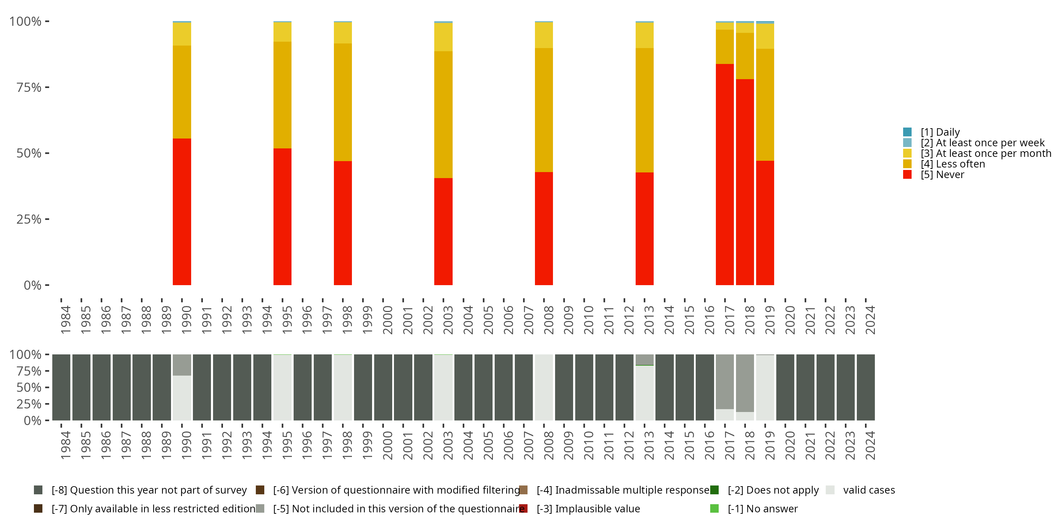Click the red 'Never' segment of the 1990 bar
point(182,212)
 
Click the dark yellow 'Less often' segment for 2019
point(765,105)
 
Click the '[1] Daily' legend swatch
point(907,132)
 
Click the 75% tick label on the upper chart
point(29,87)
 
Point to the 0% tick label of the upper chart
point(33,285)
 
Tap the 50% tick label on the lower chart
point(29,388)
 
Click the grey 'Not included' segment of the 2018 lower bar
point(745,383)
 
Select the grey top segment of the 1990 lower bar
point(182,365)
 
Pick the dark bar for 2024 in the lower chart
point(865,387)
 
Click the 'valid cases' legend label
point(868,490)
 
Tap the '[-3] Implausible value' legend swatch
point(523,508)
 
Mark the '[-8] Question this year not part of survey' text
point(149,490)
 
